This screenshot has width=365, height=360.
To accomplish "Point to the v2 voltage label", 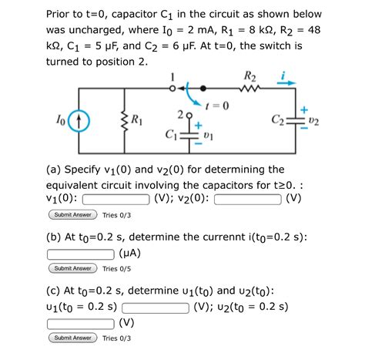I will coord(314,120).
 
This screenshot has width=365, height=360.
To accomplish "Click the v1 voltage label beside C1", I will coord(210,136).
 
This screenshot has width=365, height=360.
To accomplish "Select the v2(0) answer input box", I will coord(247,198).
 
